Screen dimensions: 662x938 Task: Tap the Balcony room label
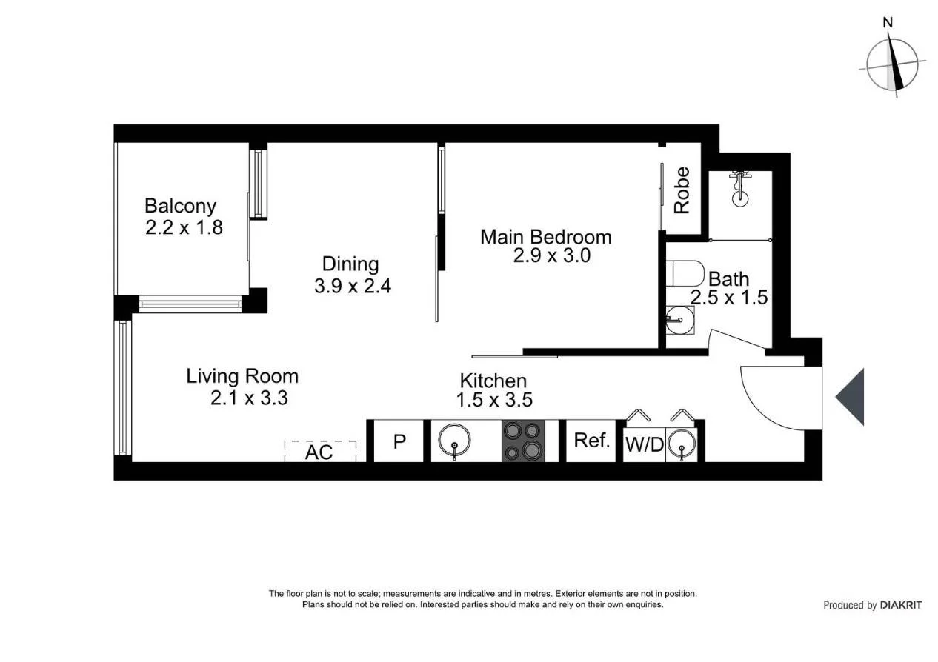click(x=180, y=206)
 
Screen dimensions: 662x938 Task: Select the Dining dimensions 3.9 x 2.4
click(x=353, y=286)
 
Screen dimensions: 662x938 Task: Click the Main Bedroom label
click(x=546, y=237)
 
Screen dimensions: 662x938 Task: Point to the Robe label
click(x=682, y=191)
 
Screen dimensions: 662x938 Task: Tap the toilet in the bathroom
click(x=685, y=274)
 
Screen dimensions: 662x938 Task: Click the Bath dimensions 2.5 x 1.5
click(x=728, y=298)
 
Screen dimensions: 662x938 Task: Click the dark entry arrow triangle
click(x=852, y=397)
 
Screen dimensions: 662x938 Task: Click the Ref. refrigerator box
click(x=591, y=441)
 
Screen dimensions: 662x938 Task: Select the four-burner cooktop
click(x=524, y=441)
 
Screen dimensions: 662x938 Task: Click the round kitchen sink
click(x=453, y=441)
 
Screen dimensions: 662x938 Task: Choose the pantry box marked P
click(x=399, y=441)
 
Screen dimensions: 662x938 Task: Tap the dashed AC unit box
click(x=320, y=451)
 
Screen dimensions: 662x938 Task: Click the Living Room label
click(x=242, y=376)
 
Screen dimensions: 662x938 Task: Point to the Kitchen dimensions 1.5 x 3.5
click(x=494, y=400)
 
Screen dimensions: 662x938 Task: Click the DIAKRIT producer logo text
click(x=901, y=605)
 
